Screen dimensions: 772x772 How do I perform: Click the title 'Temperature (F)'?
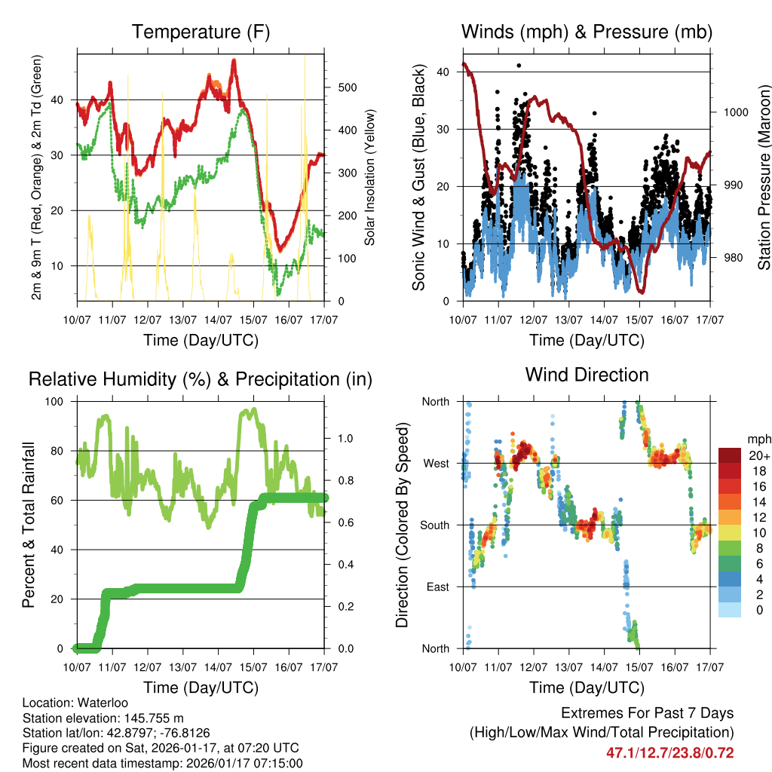point(201,32)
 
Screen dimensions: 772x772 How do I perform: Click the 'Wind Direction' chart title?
point(587,375)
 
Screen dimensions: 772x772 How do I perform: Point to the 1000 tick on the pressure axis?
point(734,112)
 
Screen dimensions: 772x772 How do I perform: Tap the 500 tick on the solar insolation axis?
point(348,87)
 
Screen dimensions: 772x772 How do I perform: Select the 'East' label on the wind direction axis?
point(435,587)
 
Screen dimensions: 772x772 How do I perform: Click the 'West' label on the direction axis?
point(435,463)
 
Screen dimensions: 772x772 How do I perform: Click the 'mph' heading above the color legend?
point(757,438)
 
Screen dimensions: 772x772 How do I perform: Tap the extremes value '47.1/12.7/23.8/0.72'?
point(669,752)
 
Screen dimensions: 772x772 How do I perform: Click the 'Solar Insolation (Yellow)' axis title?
point(370,178)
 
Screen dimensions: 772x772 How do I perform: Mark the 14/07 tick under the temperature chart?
point(219,320)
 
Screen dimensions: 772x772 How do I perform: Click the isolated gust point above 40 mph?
point(519,66)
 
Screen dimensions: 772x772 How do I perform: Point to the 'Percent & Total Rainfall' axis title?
point(28,525)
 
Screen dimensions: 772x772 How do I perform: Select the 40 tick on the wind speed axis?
point(445,72)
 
